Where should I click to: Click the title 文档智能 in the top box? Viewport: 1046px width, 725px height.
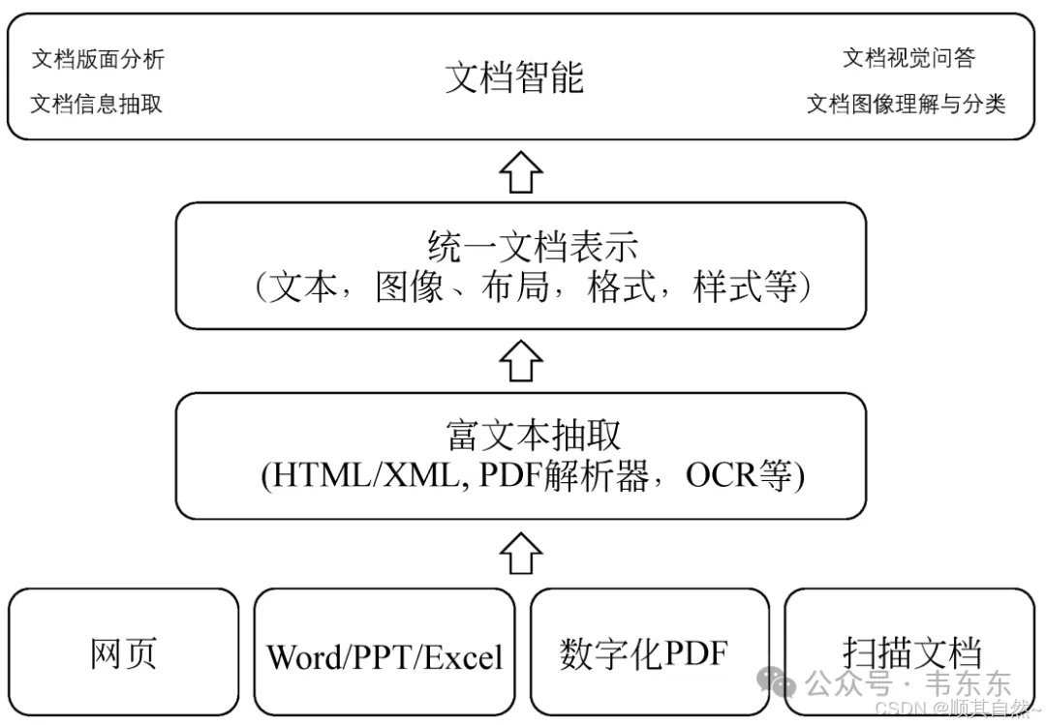[514, 77]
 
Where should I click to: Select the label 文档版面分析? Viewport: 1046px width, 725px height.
[98, 59]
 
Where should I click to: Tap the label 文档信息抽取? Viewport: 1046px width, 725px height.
[96, 105]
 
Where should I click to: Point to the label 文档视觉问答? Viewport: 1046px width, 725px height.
[908, 58]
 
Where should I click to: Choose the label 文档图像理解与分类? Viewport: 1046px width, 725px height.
[906, 105]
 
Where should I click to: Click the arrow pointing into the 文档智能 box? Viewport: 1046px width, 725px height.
[521, 172]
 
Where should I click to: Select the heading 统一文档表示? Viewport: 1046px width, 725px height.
[533, 247]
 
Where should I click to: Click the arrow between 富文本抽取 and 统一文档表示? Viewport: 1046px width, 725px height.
[521, 362]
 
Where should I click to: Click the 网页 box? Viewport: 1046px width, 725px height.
[123, 652]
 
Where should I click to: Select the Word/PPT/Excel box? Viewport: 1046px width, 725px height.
[385, 657]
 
